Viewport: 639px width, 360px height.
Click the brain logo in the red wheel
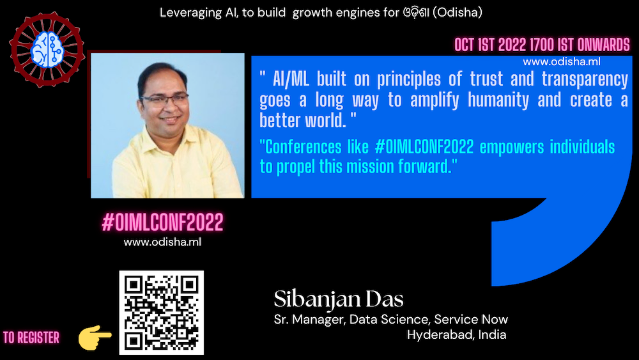point(47,49)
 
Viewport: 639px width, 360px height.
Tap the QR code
point(162,312)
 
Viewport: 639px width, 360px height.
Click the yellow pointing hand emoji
point(95,337)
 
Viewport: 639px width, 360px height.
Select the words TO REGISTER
point(31,338)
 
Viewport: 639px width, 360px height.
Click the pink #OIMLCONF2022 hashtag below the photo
point(162,222)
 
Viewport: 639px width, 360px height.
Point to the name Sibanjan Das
point(339,299)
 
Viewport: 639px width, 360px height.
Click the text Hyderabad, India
point(456,334)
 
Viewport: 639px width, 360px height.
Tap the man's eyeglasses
point(164,100)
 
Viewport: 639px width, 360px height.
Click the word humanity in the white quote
point(498,100)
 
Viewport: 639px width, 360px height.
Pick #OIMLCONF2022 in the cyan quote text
point(424,147)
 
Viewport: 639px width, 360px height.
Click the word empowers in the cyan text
point(512,148)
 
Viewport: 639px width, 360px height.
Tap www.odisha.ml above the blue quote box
point(562,62)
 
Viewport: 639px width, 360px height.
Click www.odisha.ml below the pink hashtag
point(162,242)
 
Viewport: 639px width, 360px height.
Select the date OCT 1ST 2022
point(491,45)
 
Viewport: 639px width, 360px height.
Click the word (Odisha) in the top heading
point(458,13)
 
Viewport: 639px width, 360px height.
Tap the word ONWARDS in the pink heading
point(604,45)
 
